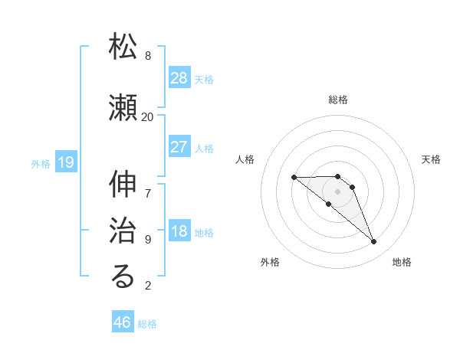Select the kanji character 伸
click(x=123, y=186)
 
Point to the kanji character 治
click(x=123, y=232)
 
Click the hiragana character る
click(x=123, y=278)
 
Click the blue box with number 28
click(x=179, y=78)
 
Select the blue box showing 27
click(x=179, y=147)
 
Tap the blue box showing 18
click(x=179, y=231)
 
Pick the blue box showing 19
click(x=65, y=162)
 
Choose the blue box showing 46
click(x=123, y=322)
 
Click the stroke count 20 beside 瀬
click(x=148, y=116)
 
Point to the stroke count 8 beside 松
click(x=148, y=56)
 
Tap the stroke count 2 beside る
click(x=148, y=286)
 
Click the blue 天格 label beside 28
click(x=204, y=79)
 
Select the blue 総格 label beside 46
click(x=147, y=324)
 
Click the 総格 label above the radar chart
click(x=338, y=100)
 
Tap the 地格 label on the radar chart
click(x=402, y=262)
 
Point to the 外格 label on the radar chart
click(x=270, y=262)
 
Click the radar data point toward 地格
click(x=373, y=242)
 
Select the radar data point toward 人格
click(x=294, y=178)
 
